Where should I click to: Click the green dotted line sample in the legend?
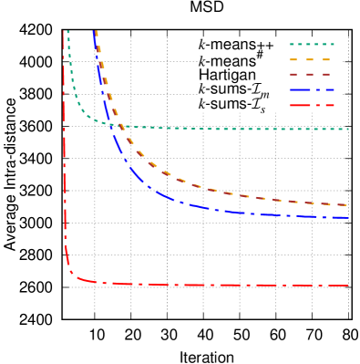312,44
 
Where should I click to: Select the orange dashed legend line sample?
312,59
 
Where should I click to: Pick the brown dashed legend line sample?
312,75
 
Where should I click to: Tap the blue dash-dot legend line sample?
312,90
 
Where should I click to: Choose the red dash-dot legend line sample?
312,106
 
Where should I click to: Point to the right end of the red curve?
349,286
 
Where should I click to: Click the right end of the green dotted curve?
349,130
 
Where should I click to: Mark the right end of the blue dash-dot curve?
349,218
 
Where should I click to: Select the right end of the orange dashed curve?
349,205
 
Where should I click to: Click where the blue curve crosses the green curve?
113,124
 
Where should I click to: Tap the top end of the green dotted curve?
67,32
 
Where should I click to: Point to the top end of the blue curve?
94,32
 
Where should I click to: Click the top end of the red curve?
64,32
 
